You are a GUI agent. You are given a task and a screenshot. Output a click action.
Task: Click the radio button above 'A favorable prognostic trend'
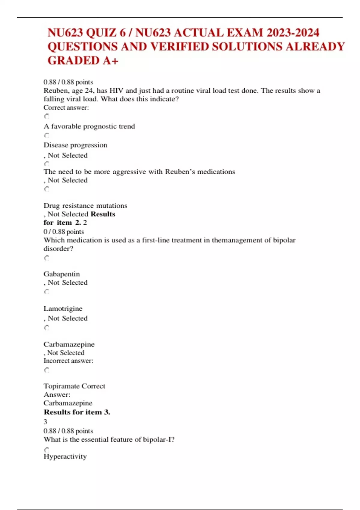pos(47,116)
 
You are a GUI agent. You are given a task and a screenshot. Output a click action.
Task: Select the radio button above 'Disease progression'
pos(47,135)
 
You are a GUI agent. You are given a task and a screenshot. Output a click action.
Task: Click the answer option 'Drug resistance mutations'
pos(85,205)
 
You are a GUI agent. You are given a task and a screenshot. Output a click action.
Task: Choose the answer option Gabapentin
pos(61,274)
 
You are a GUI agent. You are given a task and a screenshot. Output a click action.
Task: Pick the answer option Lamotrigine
pos(63,308)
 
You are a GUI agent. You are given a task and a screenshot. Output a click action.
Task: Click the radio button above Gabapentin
pos(47,258)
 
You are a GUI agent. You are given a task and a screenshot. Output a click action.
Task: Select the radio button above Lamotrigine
pos(47,292)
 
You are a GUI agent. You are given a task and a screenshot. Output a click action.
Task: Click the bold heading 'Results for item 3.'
pos(77,412)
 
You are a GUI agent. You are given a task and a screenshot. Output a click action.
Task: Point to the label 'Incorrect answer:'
pos(68,361)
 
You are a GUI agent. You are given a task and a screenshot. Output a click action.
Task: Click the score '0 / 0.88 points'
pos(64,232)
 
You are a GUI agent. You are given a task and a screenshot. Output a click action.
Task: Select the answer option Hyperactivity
pos(65,456)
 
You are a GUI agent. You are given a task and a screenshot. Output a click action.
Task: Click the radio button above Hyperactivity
pos(47,450)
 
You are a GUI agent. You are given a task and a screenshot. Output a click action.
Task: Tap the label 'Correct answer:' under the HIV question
pos(66,108)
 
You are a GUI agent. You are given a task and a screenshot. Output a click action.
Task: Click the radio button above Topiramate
pos(47,370)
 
